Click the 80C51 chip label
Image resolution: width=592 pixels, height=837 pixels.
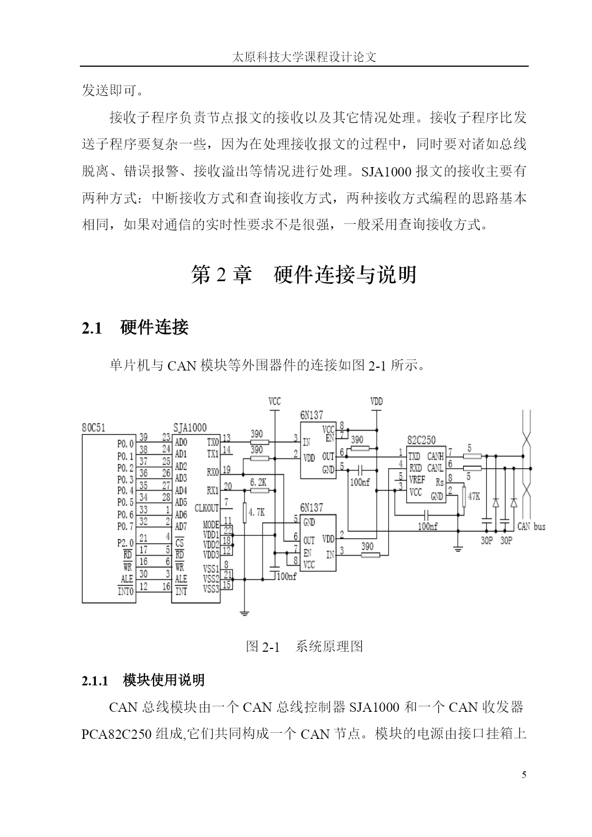pyautogui.click(x=93, y=427)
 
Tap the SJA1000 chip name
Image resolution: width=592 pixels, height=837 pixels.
pyautogui.click(x=189, y=427)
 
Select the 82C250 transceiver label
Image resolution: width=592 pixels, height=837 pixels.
pyautogui.click(x=421, y=440)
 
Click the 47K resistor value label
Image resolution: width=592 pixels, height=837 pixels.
pyautogui.click(x=474, y=497)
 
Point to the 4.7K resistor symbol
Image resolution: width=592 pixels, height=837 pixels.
pyautogui.click(x=245, y=512)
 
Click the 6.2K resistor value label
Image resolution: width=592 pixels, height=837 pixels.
pyautogui.click(x=258, y=482)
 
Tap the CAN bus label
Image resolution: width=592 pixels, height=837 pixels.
pyautogui.click(x=531, y=527)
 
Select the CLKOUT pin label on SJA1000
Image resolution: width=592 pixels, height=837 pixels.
pyautogui.click(x=207, y=508)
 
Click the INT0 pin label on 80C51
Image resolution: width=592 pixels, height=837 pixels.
pyautogui.click(x=126, y=592)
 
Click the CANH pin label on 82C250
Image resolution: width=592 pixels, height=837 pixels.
pyautogui.click(x=435, y=456)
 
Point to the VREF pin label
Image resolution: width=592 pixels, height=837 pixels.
pyautogui.click(x=417, y=480)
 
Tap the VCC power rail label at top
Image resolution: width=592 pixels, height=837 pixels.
pyautogui.click(x=274, y=402)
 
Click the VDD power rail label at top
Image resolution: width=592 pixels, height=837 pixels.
pyautogui.click(x=377, y=402)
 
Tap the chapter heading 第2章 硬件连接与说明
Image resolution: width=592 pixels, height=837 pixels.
pyautogui.click(x=304, y=275)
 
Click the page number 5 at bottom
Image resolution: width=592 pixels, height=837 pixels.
pyautogui.click(x=524, y=775)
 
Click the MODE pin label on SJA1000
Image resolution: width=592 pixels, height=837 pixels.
pyautogui.click(x=211, y=525)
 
